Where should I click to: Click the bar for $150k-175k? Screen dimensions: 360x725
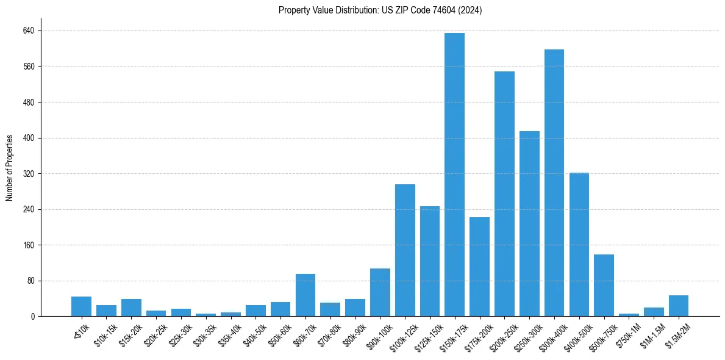click(454, 175)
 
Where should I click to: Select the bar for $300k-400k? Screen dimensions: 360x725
click(554, 183)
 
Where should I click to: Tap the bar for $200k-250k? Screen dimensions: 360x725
click(504, 194)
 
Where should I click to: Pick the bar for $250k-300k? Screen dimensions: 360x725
click(529, 224)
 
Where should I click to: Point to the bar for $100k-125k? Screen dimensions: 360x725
click(405, 250)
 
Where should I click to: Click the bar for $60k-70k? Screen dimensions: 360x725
click(305, 295)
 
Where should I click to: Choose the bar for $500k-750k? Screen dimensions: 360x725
click(604, 286)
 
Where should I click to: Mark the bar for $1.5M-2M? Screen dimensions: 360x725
click(678, 306)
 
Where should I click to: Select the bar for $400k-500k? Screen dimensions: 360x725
click(579, 245)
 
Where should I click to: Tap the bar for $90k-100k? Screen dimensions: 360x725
click(380, 292)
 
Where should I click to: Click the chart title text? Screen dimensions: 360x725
click(380, 10)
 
